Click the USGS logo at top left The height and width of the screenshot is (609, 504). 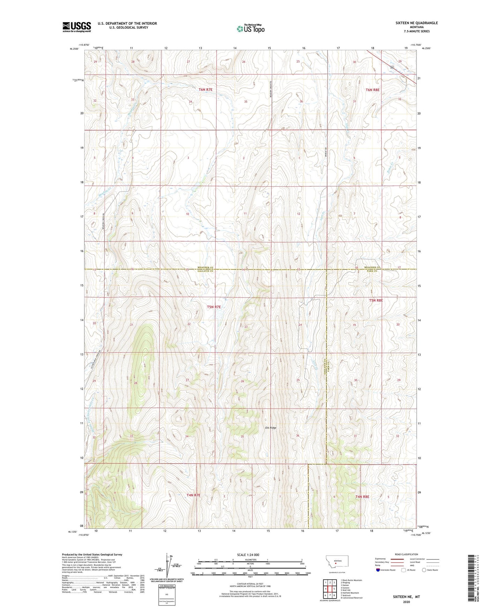coord(76,27)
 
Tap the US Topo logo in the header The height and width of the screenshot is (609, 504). coord(250,29)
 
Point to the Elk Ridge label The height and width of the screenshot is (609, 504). coord(270,428)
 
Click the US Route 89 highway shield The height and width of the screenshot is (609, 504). coord(392,67)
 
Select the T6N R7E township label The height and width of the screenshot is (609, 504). coord(205,90)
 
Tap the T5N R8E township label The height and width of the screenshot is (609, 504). coord(376,300)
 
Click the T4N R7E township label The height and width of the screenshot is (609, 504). coord(193,495)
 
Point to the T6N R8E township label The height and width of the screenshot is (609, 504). coord(372,90)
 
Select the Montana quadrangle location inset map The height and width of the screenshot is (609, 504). coord(335,563)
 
